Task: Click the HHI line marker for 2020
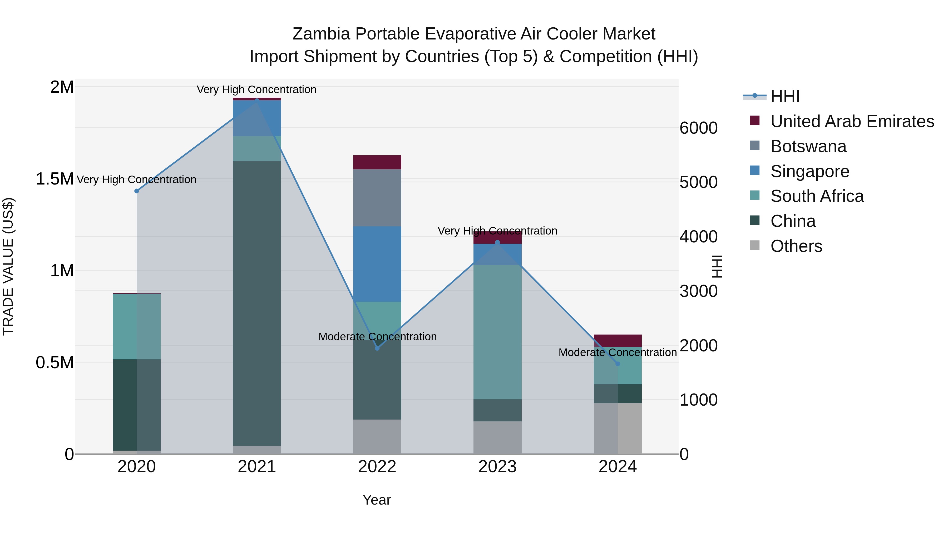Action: [x=136, y=191]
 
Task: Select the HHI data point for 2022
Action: [x=377, y=348]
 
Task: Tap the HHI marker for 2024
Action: [x=618, y=364]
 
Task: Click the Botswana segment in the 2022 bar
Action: [x=377, y=198]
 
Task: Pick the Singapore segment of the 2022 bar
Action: [x=377, y=264]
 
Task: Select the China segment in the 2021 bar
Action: [x=256, y=303]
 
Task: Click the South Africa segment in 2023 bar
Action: [x=497, y=332]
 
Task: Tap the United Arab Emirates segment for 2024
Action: [x=618, y=341]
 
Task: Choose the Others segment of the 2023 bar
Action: [x=497, y=437]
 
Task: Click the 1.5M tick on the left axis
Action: [x=55, y=179]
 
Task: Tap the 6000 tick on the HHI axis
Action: [x=698, y=128]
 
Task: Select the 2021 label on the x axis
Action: [x=256, y=467]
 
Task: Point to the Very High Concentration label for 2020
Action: [x=136, y=180]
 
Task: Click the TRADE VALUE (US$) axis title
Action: [x=8, y=266]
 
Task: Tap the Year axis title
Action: [x=377, y=500]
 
